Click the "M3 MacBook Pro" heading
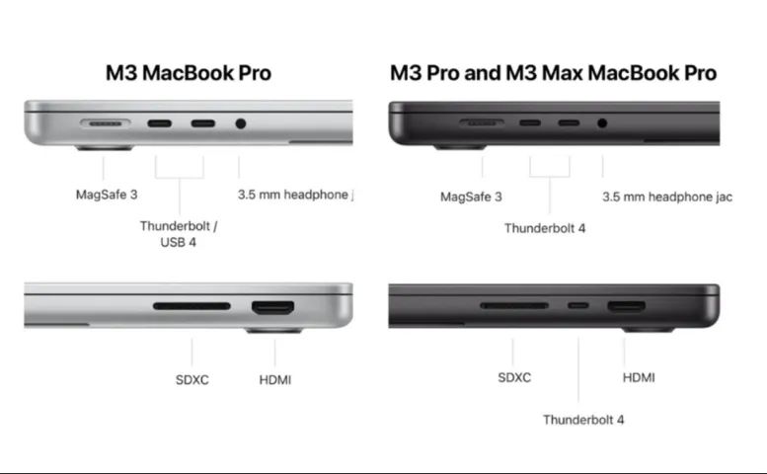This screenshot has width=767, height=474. click(188, 73)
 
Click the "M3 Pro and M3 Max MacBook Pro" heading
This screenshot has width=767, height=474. click(553, 73)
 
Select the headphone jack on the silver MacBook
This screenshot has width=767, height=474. click(240, 125)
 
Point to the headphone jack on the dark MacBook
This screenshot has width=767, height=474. click(602, 124)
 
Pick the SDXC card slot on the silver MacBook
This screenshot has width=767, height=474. click(192, 307)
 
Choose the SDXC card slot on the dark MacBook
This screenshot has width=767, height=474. click(513, 306)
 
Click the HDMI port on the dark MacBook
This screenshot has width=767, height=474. click(626, 306)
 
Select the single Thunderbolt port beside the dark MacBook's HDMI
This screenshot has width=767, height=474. click(578, 306)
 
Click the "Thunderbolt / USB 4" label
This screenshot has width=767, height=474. click(179, 233)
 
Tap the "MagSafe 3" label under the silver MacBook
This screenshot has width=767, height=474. click(107, 195)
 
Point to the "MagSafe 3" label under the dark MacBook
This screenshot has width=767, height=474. click(471, 197)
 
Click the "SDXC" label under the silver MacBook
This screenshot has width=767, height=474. click(192, 379)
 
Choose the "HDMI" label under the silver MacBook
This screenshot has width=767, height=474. click(274, 379)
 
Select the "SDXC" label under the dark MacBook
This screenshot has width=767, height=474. click(514, 377)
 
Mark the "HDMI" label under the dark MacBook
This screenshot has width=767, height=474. click(639, 377)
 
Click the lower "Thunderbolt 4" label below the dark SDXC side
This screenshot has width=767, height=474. click(583, 420)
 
